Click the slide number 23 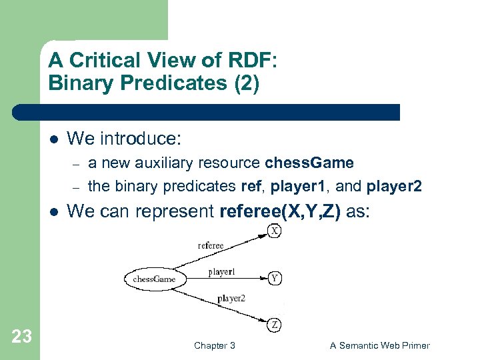[22, 337]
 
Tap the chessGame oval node [153, 279]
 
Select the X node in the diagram [274, 231]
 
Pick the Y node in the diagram [274, 279]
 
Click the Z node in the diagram [274, 325]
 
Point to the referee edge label [211, 245]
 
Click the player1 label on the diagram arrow [221, 271]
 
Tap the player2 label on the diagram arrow [231, 299]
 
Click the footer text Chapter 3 [214, 345]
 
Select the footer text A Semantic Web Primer [380, 345]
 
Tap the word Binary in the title [74, 84]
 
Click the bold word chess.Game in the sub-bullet [309, 163]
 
